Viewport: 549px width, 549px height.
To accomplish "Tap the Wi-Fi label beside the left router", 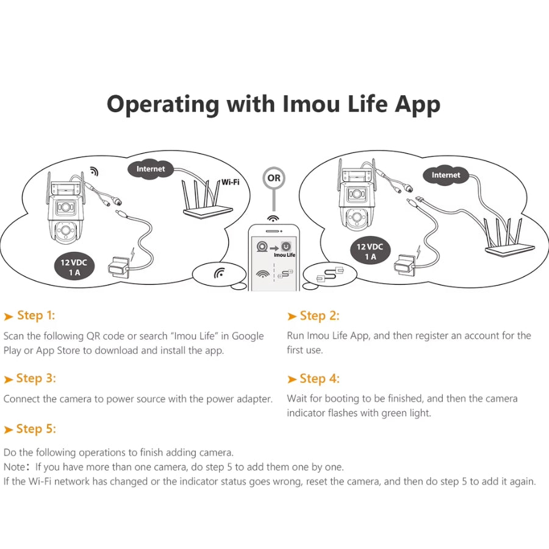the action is click(x=231, y=182).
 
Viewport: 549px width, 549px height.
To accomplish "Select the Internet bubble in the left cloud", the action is click(x=151, y=170).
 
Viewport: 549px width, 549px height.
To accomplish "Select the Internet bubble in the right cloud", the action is click(x=446, y=176).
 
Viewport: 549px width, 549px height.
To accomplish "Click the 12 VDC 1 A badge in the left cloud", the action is click(x=74, y=268).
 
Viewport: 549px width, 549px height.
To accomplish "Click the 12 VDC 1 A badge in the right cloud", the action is click(x=370, y=252).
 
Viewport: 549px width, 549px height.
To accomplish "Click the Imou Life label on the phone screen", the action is click(x=284, y=255).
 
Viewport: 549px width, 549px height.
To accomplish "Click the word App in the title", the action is click(x=417, y=105).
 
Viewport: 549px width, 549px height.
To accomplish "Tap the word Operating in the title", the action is click(x=163, y=105).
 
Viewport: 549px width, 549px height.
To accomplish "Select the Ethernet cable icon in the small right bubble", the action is click(x=330, y=274).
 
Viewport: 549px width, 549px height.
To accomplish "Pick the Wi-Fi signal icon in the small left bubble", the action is click(x=219, y=273).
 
